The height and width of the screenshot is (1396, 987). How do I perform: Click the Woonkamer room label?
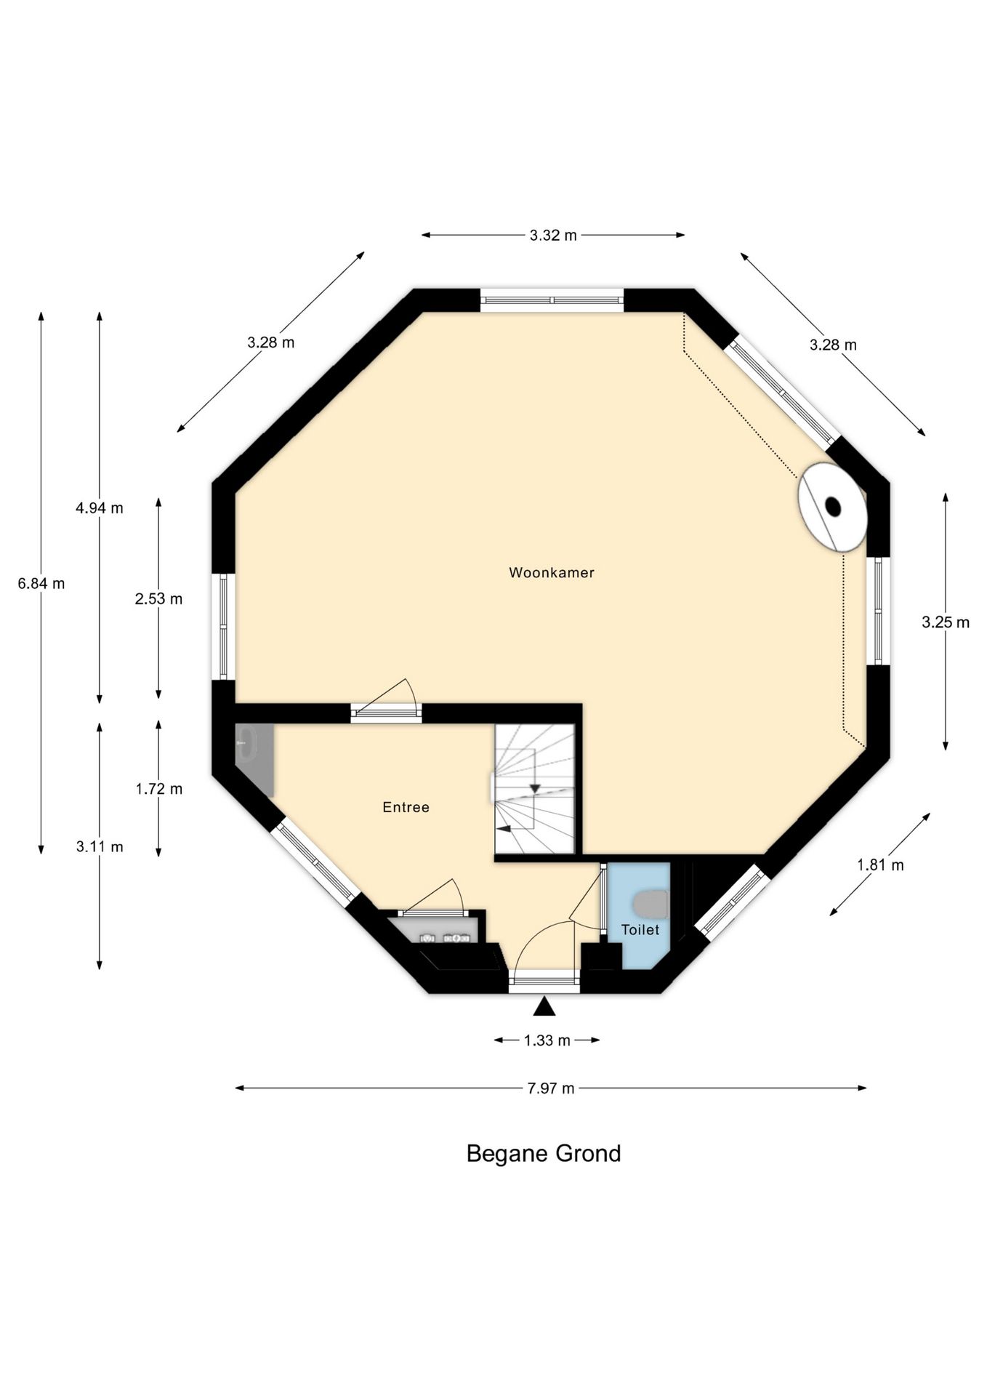click(552, 573)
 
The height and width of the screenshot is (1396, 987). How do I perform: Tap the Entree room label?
click(406, 807)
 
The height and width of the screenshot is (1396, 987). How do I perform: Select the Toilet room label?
click(640, 930)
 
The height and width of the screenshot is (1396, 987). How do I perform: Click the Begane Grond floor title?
click(544, 1154)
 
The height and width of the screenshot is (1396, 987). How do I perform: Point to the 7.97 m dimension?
click(551, 1088)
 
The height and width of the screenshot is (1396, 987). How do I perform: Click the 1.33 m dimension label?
click(547, 1040)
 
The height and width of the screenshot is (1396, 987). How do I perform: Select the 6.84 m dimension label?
click(41, 583)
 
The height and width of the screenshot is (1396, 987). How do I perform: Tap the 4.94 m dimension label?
click(100, 508)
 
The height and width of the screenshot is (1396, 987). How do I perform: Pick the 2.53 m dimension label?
click(158, 599)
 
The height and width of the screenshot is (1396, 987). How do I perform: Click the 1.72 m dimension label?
click(158, 789)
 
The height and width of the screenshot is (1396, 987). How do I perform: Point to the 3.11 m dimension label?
click(100, 846)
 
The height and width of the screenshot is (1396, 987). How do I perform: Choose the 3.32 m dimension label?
click(553, 236)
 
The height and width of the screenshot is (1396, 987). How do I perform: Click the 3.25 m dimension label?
click(946, 622)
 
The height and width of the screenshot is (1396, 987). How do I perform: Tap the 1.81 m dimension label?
click(880, 865)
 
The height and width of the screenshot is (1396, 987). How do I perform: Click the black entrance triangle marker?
click(544, 1006)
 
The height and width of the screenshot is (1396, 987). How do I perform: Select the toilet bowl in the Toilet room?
click(651, 904)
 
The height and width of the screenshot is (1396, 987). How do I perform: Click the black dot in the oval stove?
click(833, 506)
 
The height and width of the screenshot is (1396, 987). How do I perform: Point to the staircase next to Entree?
click(535, 790)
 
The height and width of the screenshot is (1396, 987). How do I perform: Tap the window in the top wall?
click(552, 300)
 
